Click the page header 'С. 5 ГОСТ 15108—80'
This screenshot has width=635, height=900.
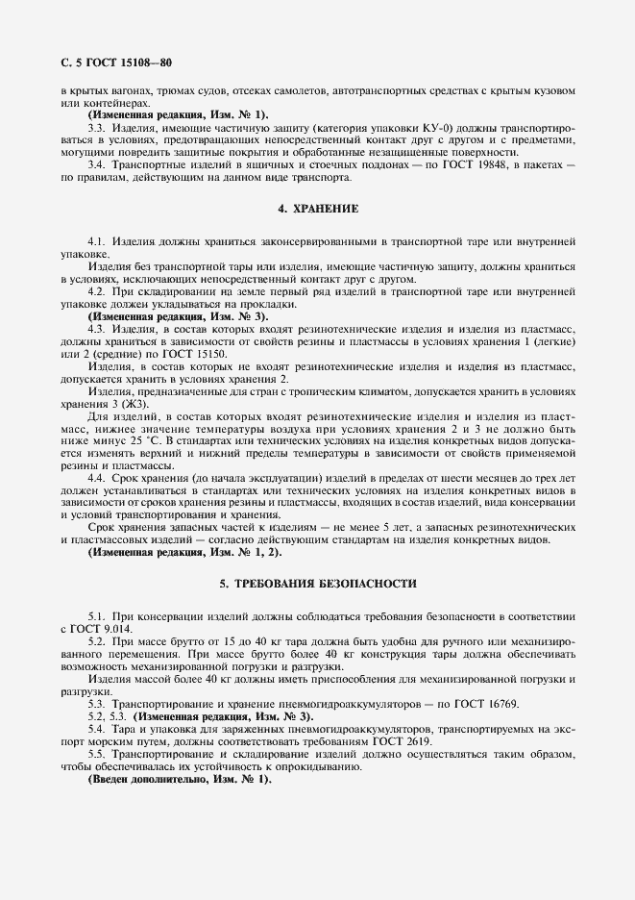coord(102,64)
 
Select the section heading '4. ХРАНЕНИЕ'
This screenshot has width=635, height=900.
coord(318,208)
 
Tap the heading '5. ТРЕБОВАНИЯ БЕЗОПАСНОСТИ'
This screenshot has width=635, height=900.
coord(318,584)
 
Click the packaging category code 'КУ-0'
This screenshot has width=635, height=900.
coord(398,128)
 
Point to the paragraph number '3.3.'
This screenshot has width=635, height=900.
coord(96,128)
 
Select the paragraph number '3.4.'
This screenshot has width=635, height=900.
coord(96,165)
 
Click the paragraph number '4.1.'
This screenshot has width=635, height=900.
coord(96,239)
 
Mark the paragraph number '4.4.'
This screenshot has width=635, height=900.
coord(96,478)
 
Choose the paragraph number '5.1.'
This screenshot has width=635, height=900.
coord(96,614)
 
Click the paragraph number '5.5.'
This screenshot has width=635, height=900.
coord(96,754)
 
